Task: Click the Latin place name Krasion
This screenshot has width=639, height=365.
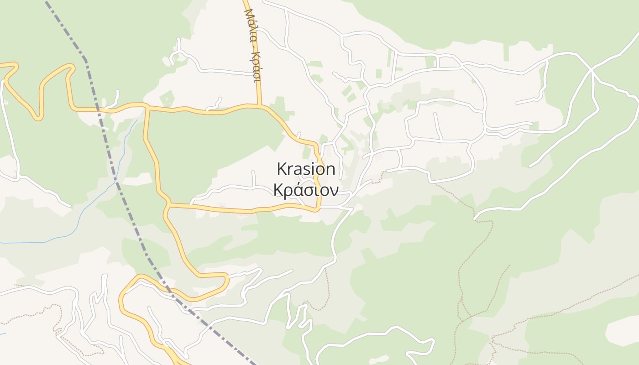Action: (306, 169)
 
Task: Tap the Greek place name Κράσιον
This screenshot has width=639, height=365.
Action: (306, 190)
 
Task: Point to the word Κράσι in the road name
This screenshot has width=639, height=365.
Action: (256, 66)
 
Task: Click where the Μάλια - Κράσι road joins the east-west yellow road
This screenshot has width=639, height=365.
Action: (259, 105)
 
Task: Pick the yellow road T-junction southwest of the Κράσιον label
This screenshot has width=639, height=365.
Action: (168, 204)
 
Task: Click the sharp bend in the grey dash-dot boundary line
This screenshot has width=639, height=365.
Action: (85, 60)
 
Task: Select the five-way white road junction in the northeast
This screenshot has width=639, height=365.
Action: (591, 69)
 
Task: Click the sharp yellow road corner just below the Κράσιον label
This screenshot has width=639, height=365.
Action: (318, 209)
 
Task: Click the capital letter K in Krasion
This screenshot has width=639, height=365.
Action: (282, 169)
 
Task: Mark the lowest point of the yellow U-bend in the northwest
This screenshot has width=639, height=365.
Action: (38, 118)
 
